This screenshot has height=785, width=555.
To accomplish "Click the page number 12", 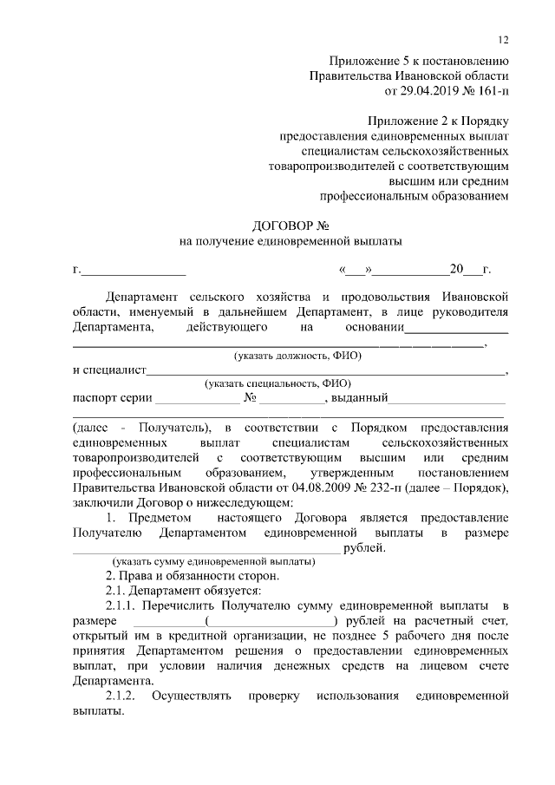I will coord(504,40).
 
